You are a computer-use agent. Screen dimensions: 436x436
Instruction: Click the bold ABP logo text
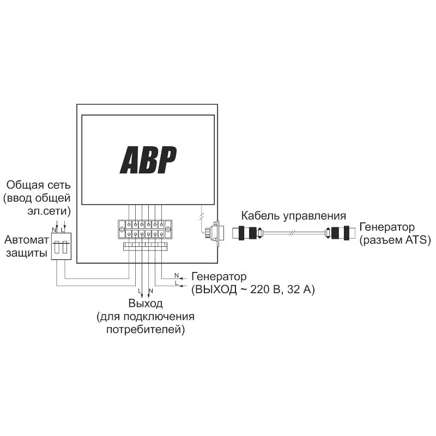point(148,160)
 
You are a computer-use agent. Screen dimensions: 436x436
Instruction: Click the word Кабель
point(261,216)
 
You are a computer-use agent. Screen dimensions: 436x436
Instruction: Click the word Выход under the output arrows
point(146,303)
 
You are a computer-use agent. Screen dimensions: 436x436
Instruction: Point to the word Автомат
point(27,240)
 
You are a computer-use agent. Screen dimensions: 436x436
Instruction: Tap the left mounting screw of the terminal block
point(122,229)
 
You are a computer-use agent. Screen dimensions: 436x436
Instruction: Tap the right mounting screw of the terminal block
point(167,229)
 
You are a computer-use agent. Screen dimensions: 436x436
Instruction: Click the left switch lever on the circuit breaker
point(57,247)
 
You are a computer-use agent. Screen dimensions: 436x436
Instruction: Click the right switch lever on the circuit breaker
point(65,247)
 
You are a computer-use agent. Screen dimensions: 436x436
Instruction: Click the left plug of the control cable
point(246,233)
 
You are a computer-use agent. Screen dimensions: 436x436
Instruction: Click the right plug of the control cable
point(340,233)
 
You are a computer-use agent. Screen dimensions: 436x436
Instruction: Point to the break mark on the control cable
point(292,233)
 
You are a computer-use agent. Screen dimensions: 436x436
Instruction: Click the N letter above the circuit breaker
point(55,229)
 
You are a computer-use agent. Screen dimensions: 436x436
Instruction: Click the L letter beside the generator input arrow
point(176,283)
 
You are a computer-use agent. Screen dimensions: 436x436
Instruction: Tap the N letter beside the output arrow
point(151,291)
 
